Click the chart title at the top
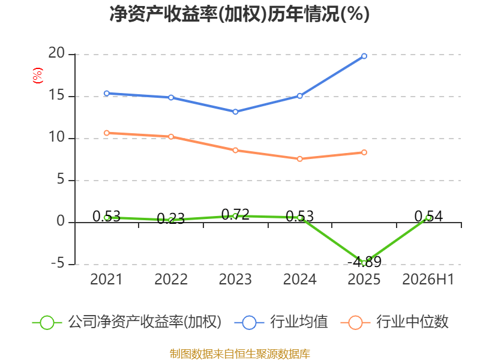click(x=239, y=14)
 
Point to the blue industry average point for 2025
click(x=364, y=56)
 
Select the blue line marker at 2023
click(x=235, y=112)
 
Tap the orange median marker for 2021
click(x=107, y=133)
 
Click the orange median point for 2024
click(x=299, y=159)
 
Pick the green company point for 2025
click(x=364, y=263)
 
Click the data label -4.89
click(x=364, y=262)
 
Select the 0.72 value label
click(x=235, y=215)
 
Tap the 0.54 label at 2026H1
click(x=428, y=217)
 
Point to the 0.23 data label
click(x=171, y=219)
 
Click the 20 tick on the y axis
click(x=56, y=53)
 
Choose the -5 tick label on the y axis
click(x=58, y=263)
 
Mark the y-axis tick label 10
click(x=56, y=137)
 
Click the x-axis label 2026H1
click(x=428, y=279)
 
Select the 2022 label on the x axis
click(x=171, y=279)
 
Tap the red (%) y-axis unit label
click(x=38, y=76)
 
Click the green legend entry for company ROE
click(x=127, y=322)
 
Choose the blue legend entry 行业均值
click(x=281, y=322)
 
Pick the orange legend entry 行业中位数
click(x=394, y=322)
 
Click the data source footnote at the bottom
click(x=240, y=353)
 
